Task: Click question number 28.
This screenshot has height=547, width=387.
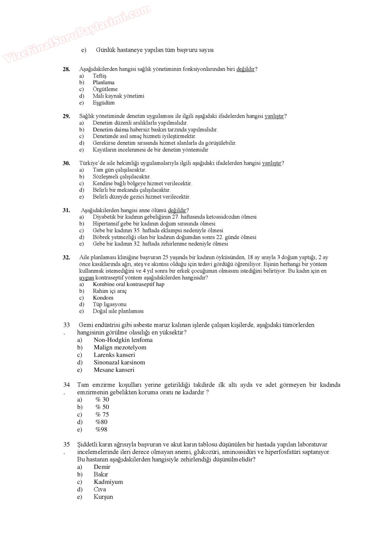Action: pyautogui.click(x=66, y=69)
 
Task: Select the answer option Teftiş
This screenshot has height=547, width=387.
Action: pyautogui.click(x=99, y=76)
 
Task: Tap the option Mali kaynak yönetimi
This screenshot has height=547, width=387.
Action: pyautogui.click(x=118, y=96)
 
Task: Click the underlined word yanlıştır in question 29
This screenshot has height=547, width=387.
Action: pyautogui.click(x=274, y=116)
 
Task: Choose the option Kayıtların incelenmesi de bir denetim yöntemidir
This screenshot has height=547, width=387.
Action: pyautogui.click(x=150, y=150)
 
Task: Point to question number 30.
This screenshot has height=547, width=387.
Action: pyautogui.click(x=66, y=163)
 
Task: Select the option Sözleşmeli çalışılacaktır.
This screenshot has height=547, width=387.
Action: pyautogui.click(x=121, y=177)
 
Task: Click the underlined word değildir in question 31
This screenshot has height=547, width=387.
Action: pyautogui.click(x=177, y=210)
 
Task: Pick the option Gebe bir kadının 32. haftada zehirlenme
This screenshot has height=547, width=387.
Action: pyautogui.click(x=160, y=244)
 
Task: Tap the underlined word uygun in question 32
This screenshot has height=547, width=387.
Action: pyautogui.click(x=86, y=278)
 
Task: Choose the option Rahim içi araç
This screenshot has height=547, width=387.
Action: pyautogui.click(x=110, y=291)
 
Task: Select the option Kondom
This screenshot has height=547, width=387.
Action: pyautogui.click(x=103, y=298)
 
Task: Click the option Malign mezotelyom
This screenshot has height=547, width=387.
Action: pyautogui.click(x=120, y=347)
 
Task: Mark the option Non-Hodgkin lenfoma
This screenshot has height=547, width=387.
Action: pyautogui.click(x=123, y=340)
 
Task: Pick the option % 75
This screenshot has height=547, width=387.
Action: pyautogui.click(x=102, y=414)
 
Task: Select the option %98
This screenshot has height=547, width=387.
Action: pyautogui.click(x=101, y=429)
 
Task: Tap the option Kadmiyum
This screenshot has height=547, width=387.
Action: pyautogui.click(x=108, y=482)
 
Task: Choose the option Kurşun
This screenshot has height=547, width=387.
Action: pyautogui.click(x=103, y=497)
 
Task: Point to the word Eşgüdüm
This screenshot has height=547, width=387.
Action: pyautogui.click(x=103, y=103)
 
